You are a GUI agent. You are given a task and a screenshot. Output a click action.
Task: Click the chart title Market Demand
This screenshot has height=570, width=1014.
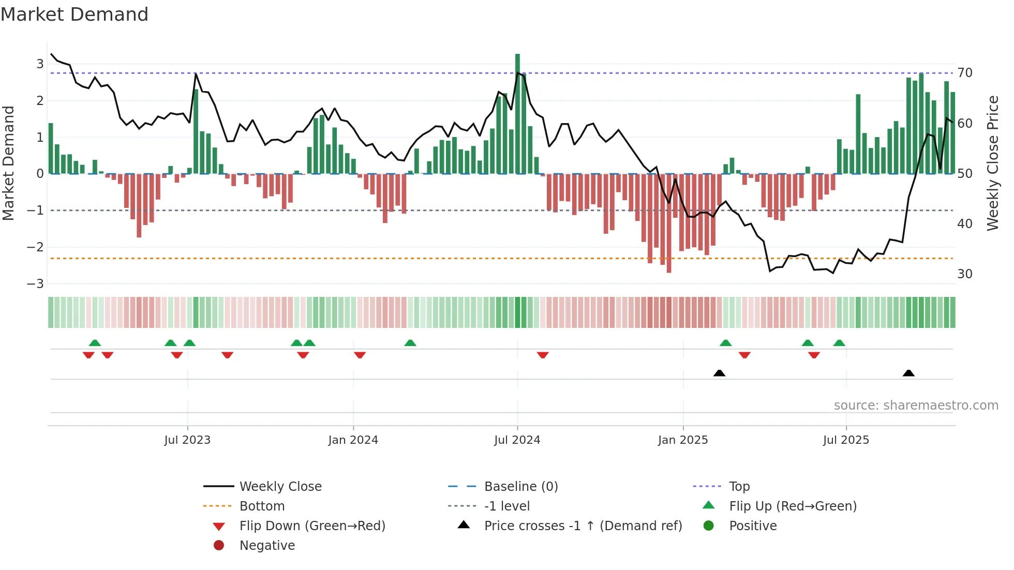[74, 14]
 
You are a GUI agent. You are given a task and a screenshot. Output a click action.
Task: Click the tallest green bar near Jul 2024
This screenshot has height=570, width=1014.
[517, 114]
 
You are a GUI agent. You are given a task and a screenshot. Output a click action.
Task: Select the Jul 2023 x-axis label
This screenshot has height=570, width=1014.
[187, 440]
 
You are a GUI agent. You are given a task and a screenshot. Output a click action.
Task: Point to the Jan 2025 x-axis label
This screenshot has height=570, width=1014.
[683, 440]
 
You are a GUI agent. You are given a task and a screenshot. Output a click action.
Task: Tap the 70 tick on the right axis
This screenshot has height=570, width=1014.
[965, 73]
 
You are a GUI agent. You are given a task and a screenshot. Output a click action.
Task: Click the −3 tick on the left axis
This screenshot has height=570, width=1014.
[36, 284]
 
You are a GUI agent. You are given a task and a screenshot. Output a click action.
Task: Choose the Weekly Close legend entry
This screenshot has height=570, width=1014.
[280, 487]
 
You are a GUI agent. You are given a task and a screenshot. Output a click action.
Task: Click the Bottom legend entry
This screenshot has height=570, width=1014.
[262, 506]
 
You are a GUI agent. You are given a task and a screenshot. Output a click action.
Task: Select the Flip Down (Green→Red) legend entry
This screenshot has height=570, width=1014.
[312, 526]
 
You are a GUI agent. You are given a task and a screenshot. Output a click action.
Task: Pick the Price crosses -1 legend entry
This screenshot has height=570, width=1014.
[583, 526]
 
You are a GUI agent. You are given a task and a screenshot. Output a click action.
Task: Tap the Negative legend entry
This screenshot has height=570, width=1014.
[267, 546]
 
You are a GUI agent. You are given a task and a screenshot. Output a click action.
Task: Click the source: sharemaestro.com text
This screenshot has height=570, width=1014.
[916, 406]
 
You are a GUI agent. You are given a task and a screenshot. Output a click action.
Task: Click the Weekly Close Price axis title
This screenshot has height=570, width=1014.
[992, 163]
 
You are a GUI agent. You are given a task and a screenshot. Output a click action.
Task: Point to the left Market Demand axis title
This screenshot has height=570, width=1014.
[9, 163]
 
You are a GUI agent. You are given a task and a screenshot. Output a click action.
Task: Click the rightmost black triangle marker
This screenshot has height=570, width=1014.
[908, 373]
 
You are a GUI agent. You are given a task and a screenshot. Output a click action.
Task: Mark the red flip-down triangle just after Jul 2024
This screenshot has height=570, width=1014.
[543, 355]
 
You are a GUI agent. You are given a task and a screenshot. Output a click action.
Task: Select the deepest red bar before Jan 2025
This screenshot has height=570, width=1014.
[669, 222]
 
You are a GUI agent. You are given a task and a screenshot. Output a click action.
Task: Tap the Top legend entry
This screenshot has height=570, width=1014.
[739, 487]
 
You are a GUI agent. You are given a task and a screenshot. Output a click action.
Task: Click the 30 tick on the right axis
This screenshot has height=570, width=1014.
[965, 274]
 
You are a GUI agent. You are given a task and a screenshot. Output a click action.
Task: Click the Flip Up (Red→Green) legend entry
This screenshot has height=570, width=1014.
[793, 506]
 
